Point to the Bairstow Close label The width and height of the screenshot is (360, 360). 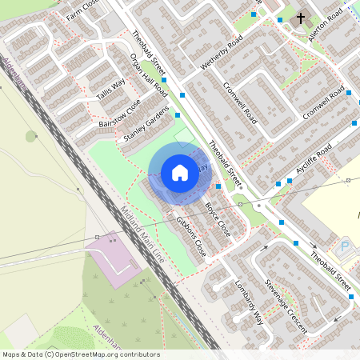pos(118,113)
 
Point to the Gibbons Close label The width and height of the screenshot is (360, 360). pos(191,237)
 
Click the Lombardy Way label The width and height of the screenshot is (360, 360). pos(250,300)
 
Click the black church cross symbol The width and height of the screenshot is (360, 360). pos(302,18)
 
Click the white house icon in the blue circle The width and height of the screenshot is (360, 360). pos(180,173)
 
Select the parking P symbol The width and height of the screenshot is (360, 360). pos(346,246)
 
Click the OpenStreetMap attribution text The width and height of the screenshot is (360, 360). pos(80,354)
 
